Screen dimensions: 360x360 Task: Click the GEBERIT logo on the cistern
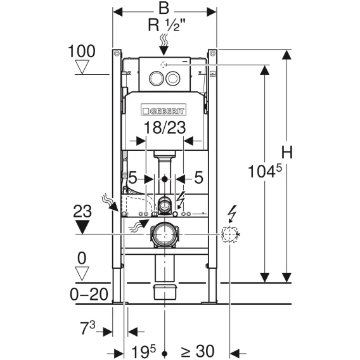[x=164, y=110]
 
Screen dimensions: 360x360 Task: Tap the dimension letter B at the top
[x=164, y=8]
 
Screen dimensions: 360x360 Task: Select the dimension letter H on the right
[x=287, y=152]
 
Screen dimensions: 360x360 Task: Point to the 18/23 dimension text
[x=165, y=127]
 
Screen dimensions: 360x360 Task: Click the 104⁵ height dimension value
[x=265, y=171]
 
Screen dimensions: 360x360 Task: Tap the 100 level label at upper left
[x=82, y=51]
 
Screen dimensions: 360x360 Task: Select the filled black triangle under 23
[x=82, y=227]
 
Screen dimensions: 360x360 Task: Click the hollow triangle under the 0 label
[x=82, y=274]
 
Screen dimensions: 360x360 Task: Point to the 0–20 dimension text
[x=89, y=294]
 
